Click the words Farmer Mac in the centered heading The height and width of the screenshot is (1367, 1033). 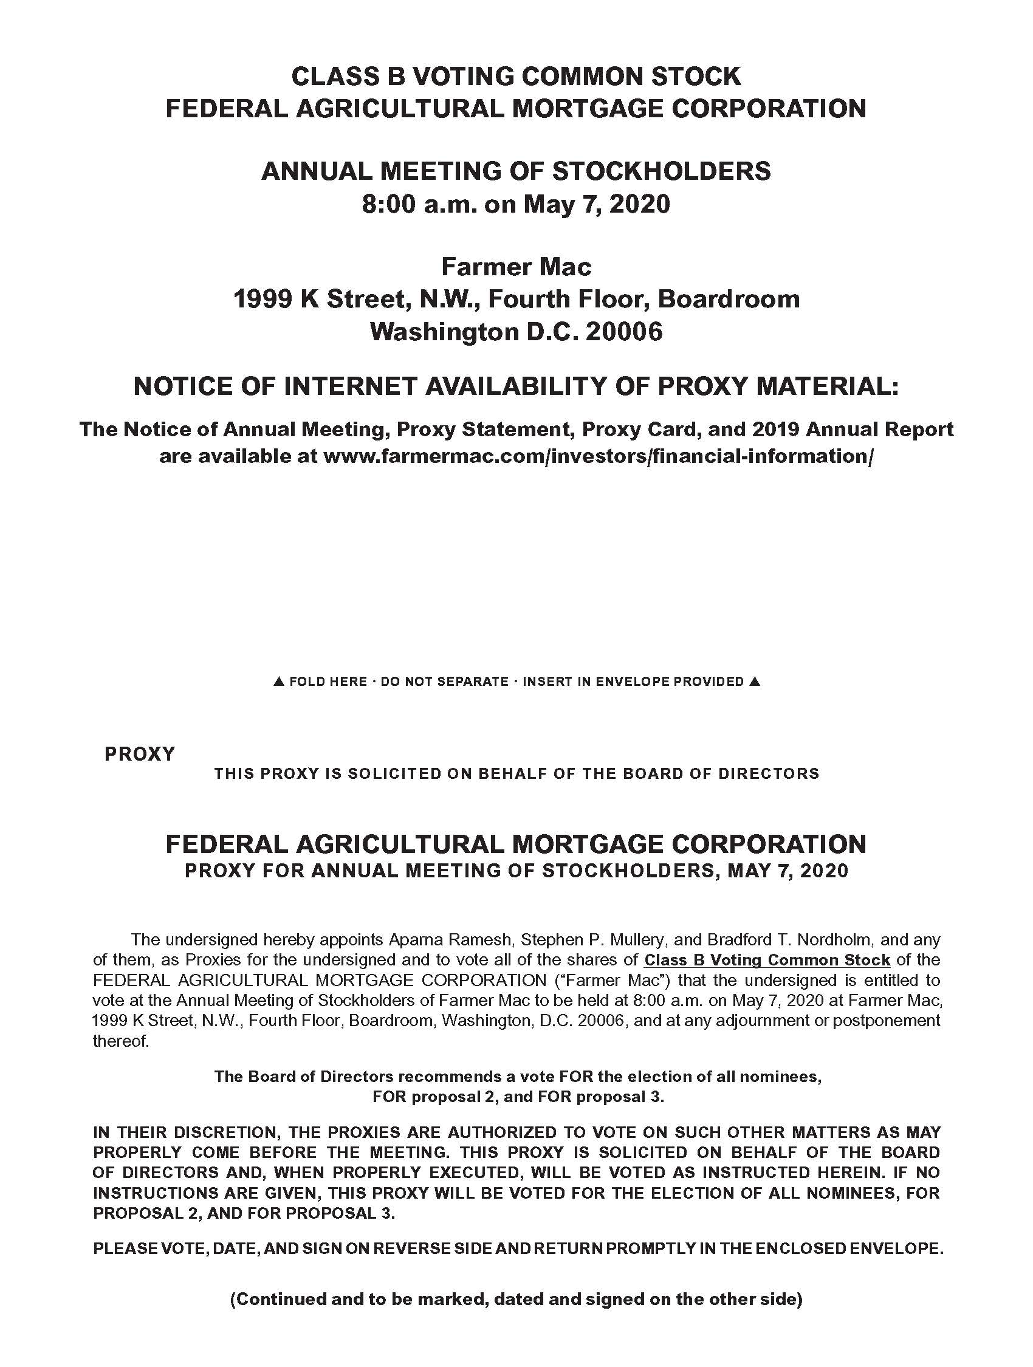516,267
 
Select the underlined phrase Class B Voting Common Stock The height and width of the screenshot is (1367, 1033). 767,960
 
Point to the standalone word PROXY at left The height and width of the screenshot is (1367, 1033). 140,754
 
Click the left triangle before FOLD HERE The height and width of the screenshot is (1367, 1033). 279,682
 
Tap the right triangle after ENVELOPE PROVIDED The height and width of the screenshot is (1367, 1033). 753,682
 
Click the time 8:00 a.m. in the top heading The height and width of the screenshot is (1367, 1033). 419,204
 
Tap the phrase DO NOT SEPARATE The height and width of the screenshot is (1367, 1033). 444,682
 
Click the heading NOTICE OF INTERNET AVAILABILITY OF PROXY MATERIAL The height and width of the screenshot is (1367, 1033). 516,387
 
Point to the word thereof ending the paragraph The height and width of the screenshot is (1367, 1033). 120,1041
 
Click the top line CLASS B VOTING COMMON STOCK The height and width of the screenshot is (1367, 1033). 516,76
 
